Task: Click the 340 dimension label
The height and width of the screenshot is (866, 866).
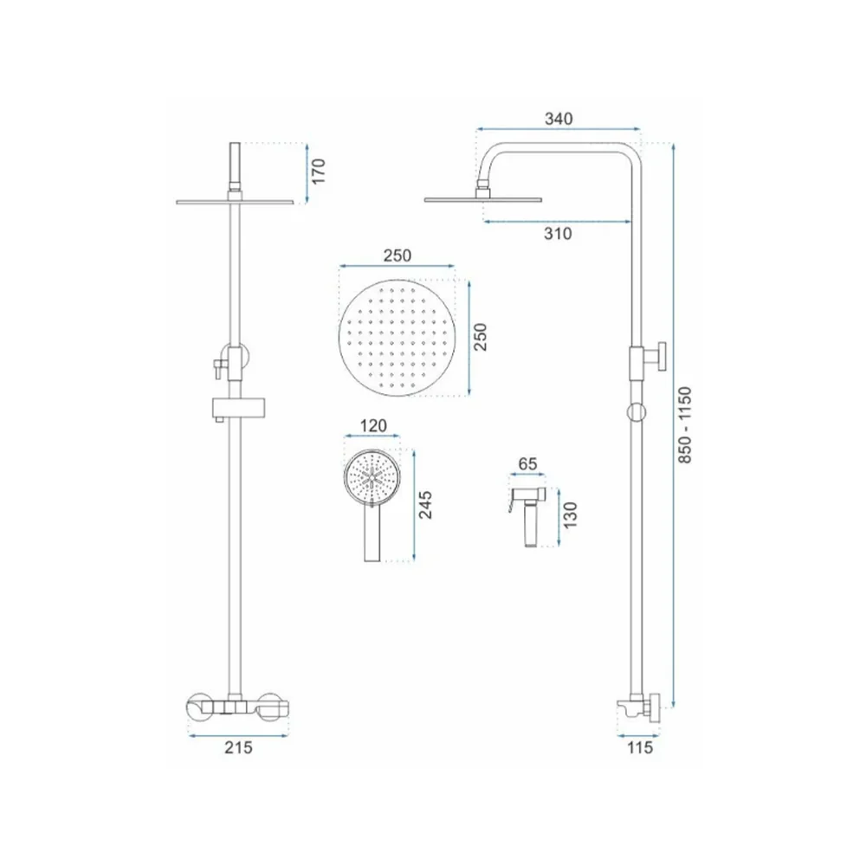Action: click(x=559, y=119)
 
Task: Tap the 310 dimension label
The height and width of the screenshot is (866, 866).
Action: click(x=558, y=234)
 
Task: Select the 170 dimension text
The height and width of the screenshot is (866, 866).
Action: click(x=319, y=171)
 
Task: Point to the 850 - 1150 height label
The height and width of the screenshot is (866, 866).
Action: click(x=684, y=424)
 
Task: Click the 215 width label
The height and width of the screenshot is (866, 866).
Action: click(x=238, y=747)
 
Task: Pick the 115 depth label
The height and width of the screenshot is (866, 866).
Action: click(x=640, y=748)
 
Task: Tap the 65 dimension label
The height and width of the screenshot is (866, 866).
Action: click(x=527, y=464)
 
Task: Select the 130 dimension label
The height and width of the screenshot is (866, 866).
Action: click(x=570, y=515)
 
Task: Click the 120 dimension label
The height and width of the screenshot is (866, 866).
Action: click(x=374, y=426)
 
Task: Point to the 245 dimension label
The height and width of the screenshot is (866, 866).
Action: click(x=425, y=505)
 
